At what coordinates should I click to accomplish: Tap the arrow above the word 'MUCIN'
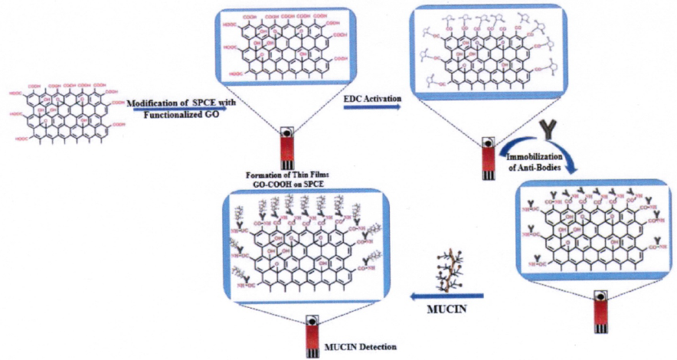(x=449, y=295)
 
